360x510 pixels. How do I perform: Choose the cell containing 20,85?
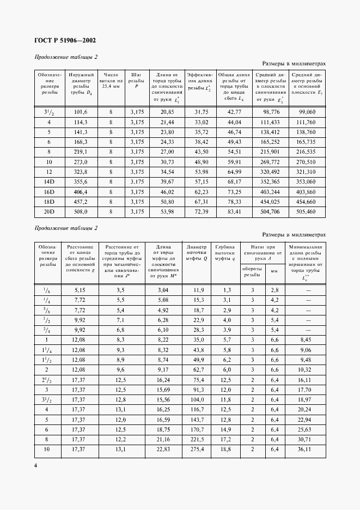pos(167,112)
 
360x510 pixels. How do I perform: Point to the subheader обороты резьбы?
pos(253,272)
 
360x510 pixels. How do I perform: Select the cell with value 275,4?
pos(197,450)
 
